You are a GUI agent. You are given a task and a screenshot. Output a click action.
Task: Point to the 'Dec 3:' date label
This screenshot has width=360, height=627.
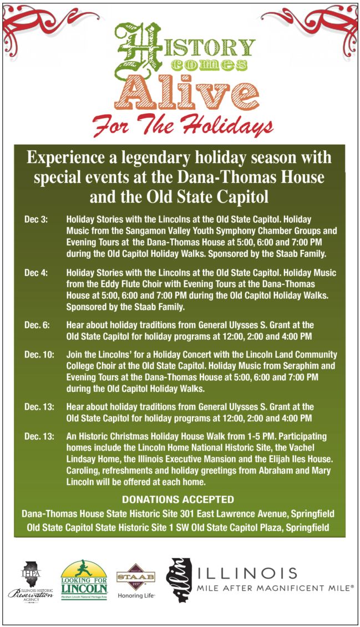(x=36, y=220)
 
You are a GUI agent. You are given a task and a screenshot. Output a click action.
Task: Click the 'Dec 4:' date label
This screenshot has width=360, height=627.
(x=36, y=273)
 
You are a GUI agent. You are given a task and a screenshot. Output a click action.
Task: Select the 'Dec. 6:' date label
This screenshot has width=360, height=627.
(x=37, y=325)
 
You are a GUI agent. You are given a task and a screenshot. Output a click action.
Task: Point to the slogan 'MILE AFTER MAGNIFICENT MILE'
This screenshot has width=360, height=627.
(x=276, y=587)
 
